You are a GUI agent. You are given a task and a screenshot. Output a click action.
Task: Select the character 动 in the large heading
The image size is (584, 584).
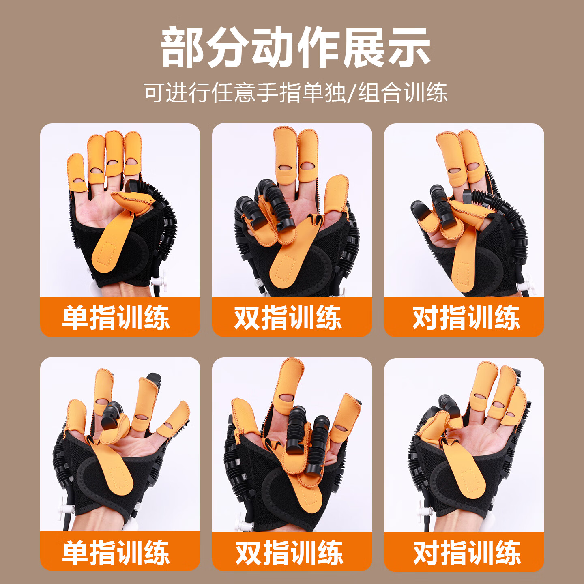coord(273,48)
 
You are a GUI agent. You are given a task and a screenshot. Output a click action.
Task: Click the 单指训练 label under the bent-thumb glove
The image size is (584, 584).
coord(116,318)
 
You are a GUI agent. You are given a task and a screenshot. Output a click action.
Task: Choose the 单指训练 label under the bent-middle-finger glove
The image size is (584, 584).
coord(116,552)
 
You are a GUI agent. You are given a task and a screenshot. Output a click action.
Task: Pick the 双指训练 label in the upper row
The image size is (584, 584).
coord(288,318)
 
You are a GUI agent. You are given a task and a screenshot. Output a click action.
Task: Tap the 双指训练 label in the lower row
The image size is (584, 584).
coord(289,552)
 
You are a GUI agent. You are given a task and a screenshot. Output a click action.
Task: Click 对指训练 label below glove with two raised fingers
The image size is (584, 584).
coord(466,318)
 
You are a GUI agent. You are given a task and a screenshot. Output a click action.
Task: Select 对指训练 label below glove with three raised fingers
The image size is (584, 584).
coord(467,552)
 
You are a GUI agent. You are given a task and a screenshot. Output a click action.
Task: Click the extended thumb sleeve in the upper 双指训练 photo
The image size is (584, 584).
coord(336,195)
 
